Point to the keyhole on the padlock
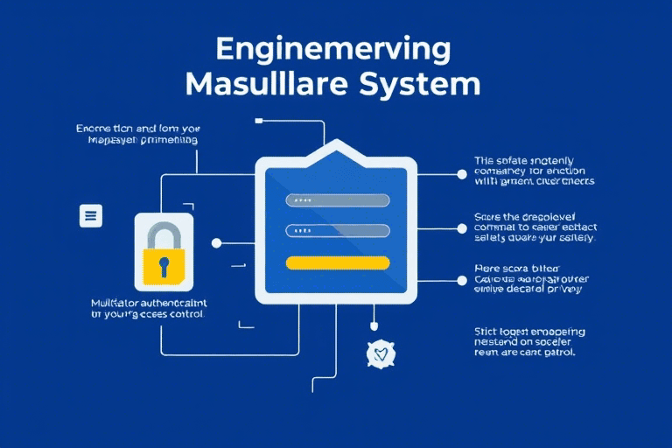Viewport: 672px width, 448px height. coord(164,264)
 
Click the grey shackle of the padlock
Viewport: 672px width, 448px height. coord(164,234)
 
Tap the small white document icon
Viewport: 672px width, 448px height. coord(91,215)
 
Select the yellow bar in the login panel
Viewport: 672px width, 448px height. coord(337,262)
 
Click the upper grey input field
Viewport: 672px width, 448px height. coord(337,200)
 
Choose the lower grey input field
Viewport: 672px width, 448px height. coord(337,231)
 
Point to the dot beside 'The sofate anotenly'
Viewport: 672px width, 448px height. coord(462,174)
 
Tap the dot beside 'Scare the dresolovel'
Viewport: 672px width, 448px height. coord(462,227)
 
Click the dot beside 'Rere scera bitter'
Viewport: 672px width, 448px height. coord(462,280)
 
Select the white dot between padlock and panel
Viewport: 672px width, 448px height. coord(217,243)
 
